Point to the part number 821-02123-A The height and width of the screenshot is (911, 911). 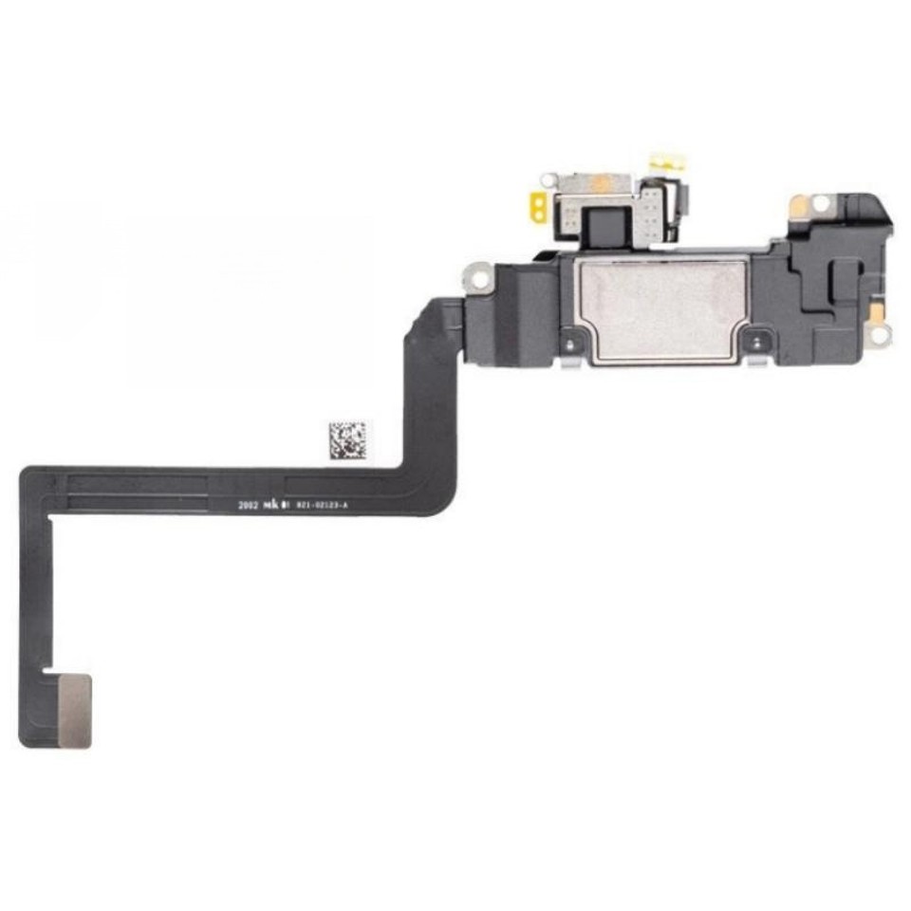click(323, 507)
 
